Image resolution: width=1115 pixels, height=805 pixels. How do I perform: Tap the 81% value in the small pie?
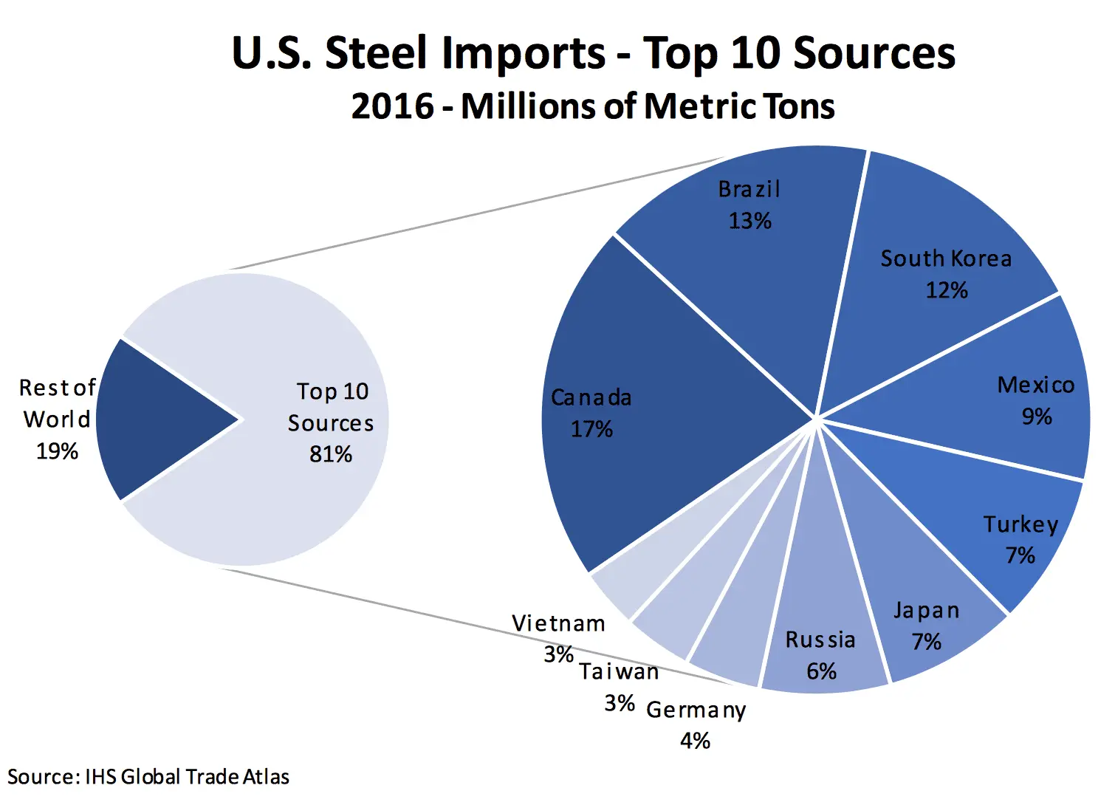tap(331, 454)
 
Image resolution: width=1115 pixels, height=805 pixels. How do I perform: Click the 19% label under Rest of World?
tap(57, 451)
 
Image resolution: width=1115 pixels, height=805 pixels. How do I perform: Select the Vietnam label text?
tap(558, 624)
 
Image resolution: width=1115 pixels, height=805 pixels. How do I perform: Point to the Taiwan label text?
tap(619, 672)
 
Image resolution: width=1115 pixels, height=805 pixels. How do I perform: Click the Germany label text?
tap(696, 710)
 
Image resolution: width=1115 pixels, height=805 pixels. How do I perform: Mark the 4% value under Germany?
tap(696, 741)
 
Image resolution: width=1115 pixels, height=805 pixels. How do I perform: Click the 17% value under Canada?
tap(591, 429)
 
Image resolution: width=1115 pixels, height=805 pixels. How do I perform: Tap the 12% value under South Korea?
tap(947, 290)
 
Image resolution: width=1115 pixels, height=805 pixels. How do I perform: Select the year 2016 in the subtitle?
tap(392, 106)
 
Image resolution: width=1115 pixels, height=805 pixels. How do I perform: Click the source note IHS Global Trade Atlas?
tap(187, 777)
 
